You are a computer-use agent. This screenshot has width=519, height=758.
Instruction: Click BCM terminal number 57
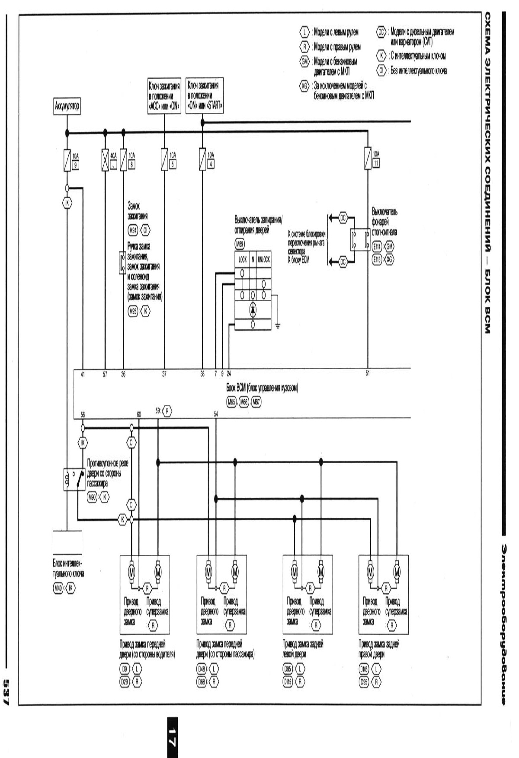105,375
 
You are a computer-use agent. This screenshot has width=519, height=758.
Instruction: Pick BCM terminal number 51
368,374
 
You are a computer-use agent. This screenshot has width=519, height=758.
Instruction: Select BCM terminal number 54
216,414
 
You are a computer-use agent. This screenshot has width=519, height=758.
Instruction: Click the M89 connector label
240,244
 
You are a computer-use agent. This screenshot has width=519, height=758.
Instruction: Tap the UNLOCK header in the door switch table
263,260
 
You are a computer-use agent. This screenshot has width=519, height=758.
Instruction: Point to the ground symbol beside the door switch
277,325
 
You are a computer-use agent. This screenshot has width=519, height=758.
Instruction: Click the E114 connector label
377,246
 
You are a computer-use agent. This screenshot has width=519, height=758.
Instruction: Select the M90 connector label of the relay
92,498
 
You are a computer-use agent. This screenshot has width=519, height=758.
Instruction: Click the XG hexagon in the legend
304,86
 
